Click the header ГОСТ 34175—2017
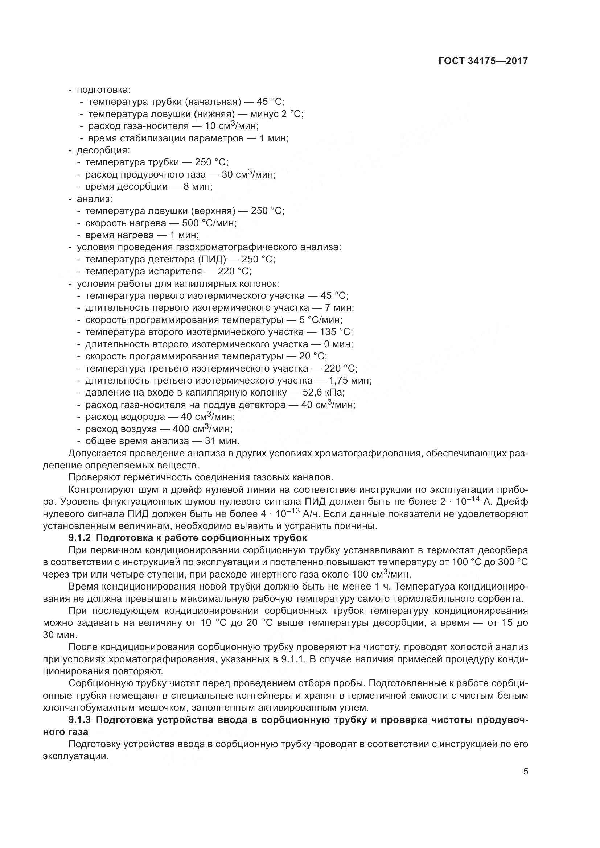coord(483,61)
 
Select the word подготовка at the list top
coord(103,90)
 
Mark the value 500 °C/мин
coord(209,223)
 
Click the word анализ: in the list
coord(95,199)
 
